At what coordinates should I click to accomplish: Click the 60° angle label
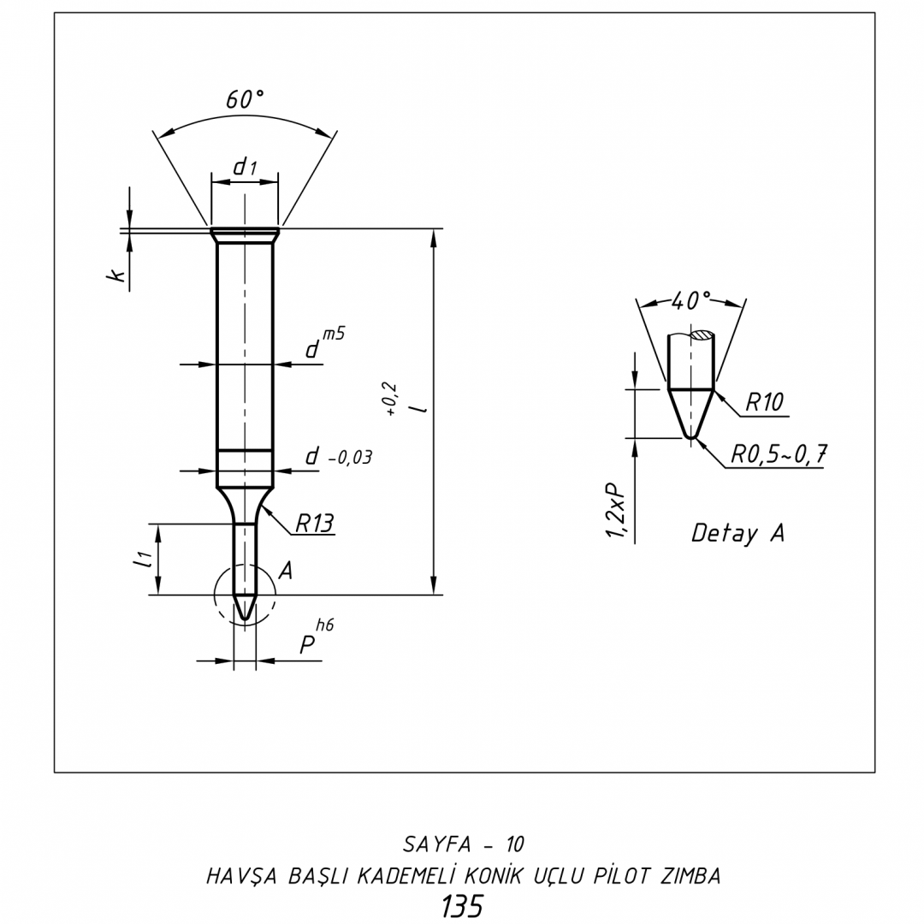(x=245, y=99)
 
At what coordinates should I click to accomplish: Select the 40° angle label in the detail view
(x=690, y=301)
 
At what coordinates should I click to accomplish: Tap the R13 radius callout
(x=314, y=523)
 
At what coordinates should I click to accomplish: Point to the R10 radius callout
(x=764, y=402)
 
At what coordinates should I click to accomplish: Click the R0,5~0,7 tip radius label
(x=779, y=454)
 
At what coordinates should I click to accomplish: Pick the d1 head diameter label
(x=246, y=168)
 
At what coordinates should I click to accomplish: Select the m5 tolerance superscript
(x=334, y=334)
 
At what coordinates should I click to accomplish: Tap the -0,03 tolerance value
(x=350, y=458)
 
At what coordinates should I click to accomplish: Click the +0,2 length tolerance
(x=391, y=400)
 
